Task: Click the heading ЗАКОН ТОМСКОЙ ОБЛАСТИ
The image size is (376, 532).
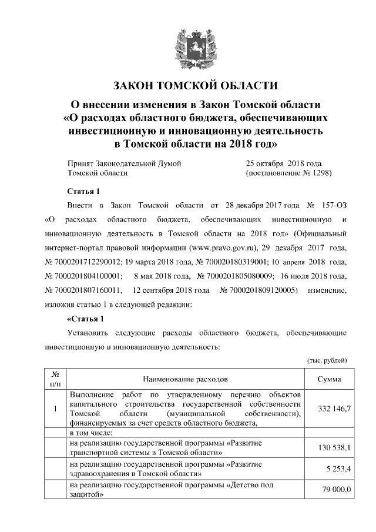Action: (x=187, y=85)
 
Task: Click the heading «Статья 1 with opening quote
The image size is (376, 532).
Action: (x=86, y=319)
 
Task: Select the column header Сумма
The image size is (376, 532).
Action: (x=333, y=379)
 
